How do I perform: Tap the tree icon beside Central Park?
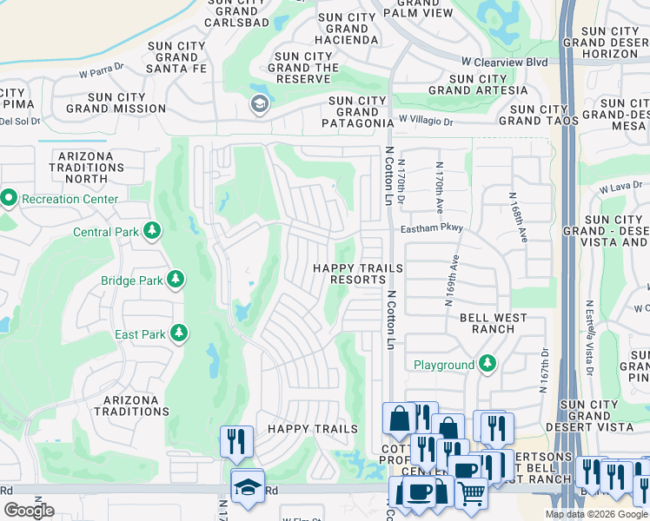[x=153, y=231]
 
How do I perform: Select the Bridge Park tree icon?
[x=176, y=280]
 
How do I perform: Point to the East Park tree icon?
[x=179, y=333]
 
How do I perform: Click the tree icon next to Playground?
[x=488, y=364]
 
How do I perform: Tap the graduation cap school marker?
[x=247, y=488]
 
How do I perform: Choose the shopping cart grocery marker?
[x=471, y=493]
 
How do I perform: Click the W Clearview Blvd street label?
[x=504, y=63]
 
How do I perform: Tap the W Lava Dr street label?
[x=619, y=186]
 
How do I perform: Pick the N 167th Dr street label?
[x=544, y=371]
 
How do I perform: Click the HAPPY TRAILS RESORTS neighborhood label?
[x=349, y=274]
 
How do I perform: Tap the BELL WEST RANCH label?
[x=493, y=323]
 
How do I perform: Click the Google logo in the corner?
[x=30, y=510]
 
